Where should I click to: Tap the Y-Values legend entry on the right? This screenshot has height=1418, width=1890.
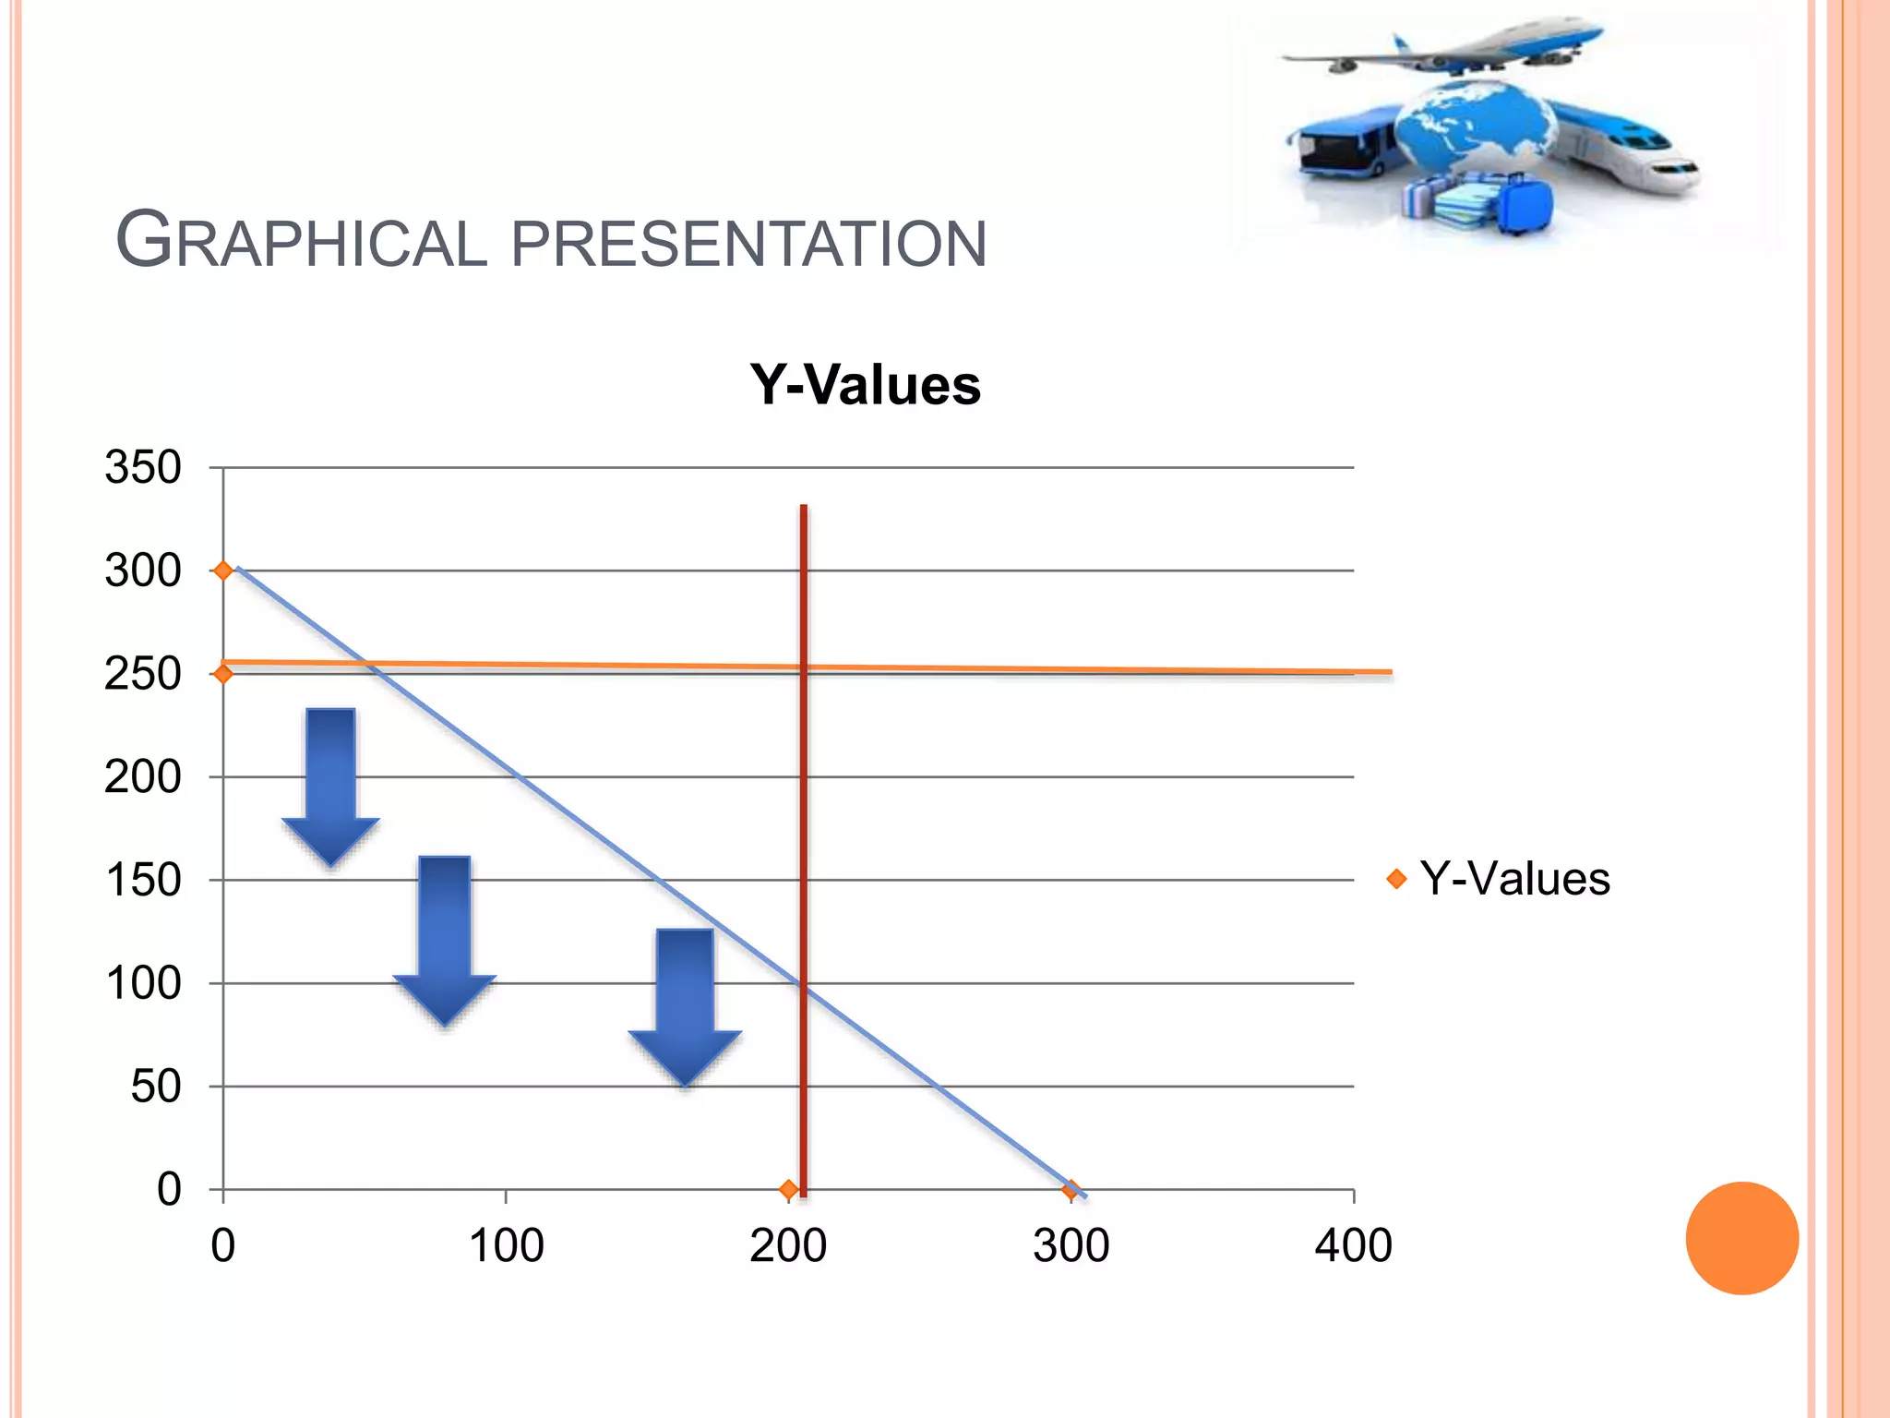(x=1513, y=878)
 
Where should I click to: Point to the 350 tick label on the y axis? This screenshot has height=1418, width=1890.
(x=143, y=467)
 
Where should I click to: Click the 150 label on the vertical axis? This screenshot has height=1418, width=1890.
(x=143, y=880)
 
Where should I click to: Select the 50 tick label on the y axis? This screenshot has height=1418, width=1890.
(x=155, y=1087)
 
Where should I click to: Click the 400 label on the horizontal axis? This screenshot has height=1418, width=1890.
(x=1353, y=1245)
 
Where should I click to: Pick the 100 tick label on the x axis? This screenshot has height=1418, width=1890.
(x=506, y=1245)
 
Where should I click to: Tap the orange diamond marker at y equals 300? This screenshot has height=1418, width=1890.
(x=222, y=571)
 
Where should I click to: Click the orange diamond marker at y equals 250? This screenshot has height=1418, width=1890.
(x=222, y=674)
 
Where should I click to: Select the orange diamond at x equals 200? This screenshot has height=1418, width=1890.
(x=787, y=1189)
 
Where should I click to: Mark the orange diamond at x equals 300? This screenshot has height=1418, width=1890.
(x=1071, y=1189)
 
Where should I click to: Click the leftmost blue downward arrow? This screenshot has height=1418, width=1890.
(x=330, y=785)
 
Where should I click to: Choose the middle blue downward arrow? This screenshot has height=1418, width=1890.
(x=445, y=937)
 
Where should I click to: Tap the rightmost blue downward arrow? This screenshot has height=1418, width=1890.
(x=685, y=1002)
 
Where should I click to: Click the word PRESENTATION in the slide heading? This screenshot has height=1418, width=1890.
(x=748, y=244)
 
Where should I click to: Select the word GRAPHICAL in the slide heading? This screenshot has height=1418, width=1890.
(x=301, y=242)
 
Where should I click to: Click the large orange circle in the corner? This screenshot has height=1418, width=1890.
(x=1741, y=1238)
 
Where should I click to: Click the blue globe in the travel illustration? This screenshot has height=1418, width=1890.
(x=1474, y=129)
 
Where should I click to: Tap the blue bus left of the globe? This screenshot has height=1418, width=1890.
(x=1343, y=143)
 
